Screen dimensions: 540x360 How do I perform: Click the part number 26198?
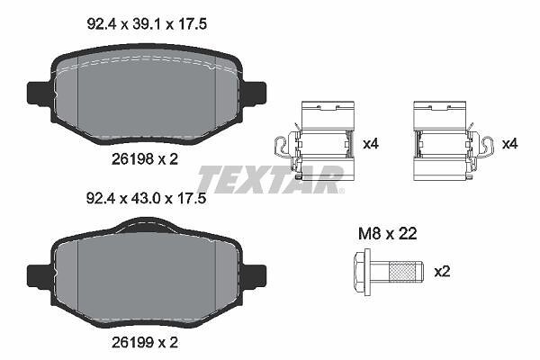point(132,159)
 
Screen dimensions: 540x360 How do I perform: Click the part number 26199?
point(132,342)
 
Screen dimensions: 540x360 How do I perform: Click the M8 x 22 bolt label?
point(387,234)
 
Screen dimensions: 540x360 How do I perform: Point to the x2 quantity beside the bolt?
point(442,272)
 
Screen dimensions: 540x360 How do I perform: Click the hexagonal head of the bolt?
point(362,272)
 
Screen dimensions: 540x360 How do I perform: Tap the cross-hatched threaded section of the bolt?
point(402,272)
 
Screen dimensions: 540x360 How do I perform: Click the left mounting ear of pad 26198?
point(40,94)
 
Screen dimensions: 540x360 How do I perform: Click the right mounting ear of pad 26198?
point(254,93)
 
